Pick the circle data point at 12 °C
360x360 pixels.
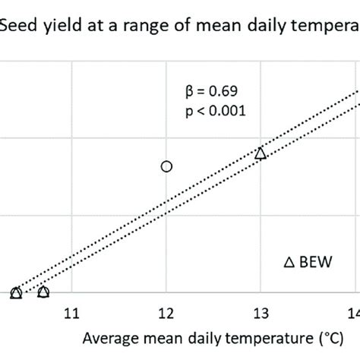click(166, 166)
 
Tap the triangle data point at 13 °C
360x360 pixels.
click(261, 153)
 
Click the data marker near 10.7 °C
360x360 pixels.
click(43, 292)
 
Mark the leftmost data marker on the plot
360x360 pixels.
click(16, 292)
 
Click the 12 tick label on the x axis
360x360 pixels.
click(166, 312)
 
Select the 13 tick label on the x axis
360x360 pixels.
click(261, 312)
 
